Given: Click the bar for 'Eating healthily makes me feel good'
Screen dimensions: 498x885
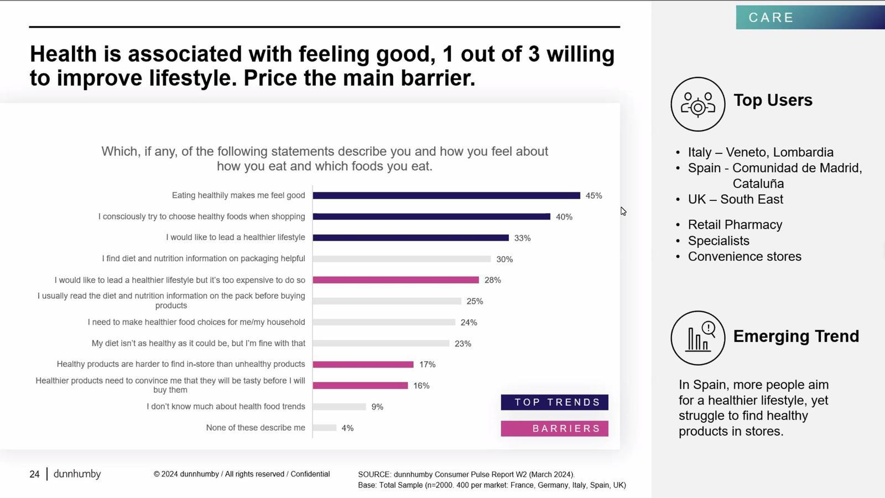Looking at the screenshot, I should (446, 195).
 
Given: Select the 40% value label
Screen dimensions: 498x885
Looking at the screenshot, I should (564, 217).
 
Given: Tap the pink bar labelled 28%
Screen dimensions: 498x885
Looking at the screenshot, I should (395, 280).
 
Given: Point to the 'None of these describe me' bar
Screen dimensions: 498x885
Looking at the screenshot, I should (325, 428).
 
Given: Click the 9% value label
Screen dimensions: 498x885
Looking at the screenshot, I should (377, 407).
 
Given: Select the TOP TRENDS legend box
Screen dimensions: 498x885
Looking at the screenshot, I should (554, 402).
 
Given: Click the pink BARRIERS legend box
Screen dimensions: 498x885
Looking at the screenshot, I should (554, 429).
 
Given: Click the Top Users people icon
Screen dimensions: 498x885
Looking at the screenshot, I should (697, 104).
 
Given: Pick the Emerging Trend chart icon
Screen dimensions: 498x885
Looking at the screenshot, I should (697, 338).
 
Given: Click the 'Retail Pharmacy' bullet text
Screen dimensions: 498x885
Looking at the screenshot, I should (735, 225).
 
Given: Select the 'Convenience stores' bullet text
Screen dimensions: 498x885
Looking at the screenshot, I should (745, 257).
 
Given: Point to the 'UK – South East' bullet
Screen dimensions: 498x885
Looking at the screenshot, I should (735, 199).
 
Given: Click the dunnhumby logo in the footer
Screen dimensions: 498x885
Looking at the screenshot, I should (77, 474).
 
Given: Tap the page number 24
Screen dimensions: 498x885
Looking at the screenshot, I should (34, 474).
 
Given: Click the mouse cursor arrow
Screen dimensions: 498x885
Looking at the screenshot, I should (623, 211).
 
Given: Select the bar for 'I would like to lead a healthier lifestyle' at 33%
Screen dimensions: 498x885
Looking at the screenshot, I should (410, 238).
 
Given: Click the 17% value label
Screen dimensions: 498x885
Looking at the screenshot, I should (427, 365).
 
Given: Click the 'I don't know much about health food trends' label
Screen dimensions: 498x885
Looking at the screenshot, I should (226, 407).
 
